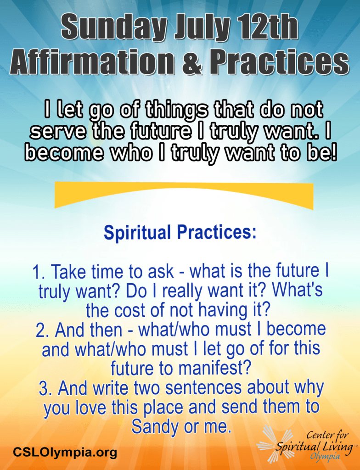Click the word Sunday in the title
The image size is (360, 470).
114,28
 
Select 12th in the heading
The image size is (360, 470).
268,27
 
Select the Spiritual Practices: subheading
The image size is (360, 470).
180,233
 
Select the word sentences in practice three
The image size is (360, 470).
203,388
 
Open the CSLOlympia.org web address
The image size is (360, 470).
65,452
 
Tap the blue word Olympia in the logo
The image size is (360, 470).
326,457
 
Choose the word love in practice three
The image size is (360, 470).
90,408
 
